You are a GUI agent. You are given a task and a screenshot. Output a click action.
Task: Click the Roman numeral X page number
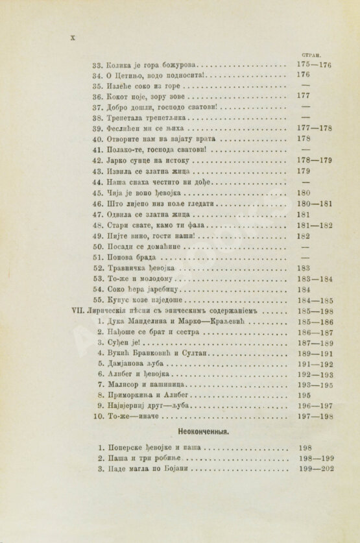pyautogui.click(x=72, y=38)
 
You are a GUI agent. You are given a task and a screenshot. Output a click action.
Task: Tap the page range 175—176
pyautogui.click(x=314, y=66)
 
